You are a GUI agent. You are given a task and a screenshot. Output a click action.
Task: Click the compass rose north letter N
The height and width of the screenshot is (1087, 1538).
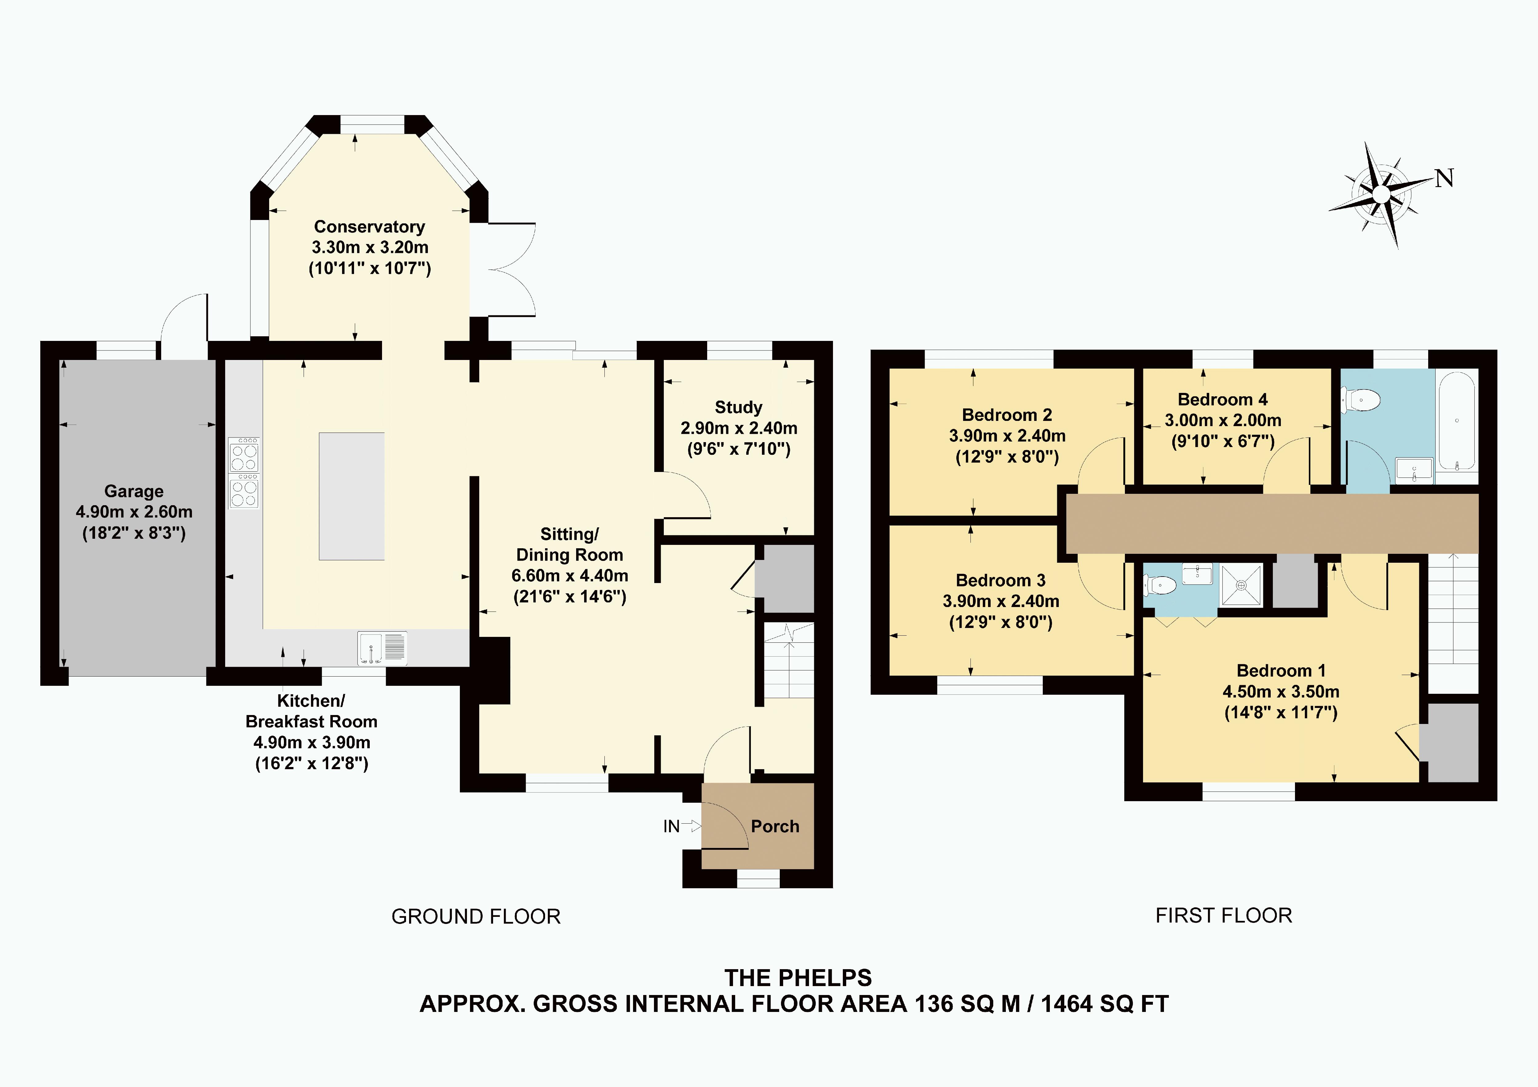pyautogui.click(x=1444, y=178)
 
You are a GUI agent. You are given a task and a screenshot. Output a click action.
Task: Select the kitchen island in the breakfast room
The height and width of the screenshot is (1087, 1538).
pyautogui.click(x=352, y=496)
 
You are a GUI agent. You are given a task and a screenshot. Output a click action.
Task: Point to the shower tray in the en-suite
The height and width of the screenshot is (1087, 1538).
pyautogui.click(x=1241, y=585)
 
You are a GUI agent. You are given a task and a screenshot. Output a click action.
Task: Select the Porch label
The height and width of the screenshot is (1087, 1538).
pyautogui.click(x=775, y=826)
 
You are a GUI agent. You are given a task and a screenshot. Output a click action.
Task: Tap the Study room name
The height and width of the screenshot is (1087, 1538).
pyautogui.click(x=738, y=407)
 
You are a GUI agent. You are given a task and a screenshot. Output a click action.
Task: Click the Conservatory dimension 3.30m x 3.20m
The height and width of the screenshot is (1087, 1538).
pyautogui.click(x=370, y=247)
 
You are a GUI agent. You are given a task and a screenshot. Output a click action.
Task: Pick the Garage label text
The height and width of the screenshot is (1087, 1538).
pyautogui.click(x=134, y=491)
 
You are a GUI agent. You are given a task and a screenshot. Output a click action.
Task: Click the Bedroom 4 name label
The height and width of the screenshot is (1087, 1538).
pyautogui.click(x=1222, y=399)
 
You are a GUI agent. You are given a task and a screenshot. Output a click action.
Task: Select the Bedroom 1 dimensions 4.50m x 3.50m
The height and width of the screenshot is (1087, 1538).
pyautogui.click(x=1281, y=692)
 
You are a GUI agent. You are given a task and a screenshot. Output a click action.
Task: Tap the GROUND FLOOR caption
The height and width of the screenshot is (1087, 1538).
pyautogui.click(x=476, y=916)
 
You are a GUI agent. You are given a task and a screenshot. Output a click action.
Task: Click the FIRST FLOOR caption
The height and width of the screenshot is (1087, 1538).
pyautogui.click(x=1223, y=915)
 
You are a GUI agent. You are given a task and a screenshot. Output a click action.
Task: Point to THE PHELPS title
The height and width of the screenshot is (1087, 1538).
pyautogui.click(x=798, y=978)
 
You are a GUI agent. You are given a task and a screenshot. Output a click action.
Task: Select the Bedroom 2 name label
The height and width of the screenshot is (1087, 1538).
pyautogui.click(x=1007, y=415)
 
